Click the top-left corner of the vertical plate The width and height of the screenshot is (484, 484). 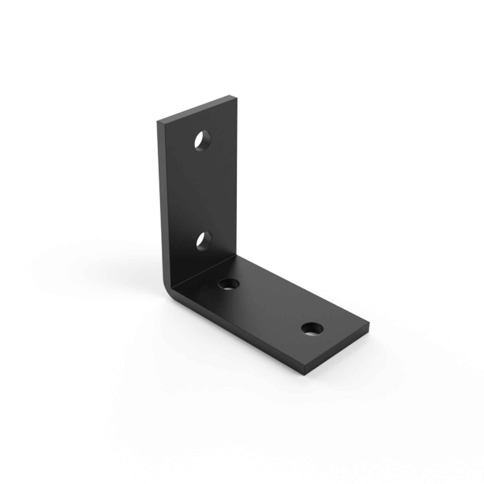(x=158, y=122)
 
